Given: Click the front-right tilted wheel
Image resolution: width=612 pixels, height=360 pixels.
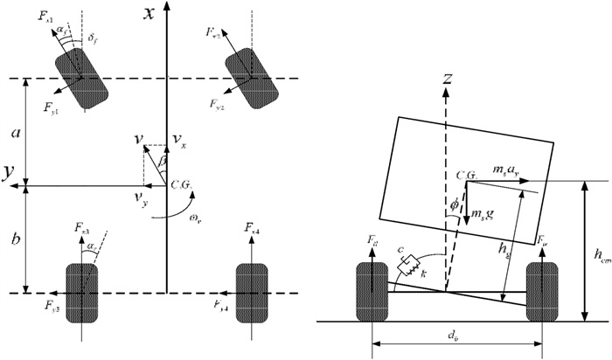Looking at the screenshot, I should click(247, 79).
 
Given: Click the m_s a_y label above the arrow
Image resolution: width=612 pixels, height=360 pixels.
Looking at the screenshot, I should click(506, 167).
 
